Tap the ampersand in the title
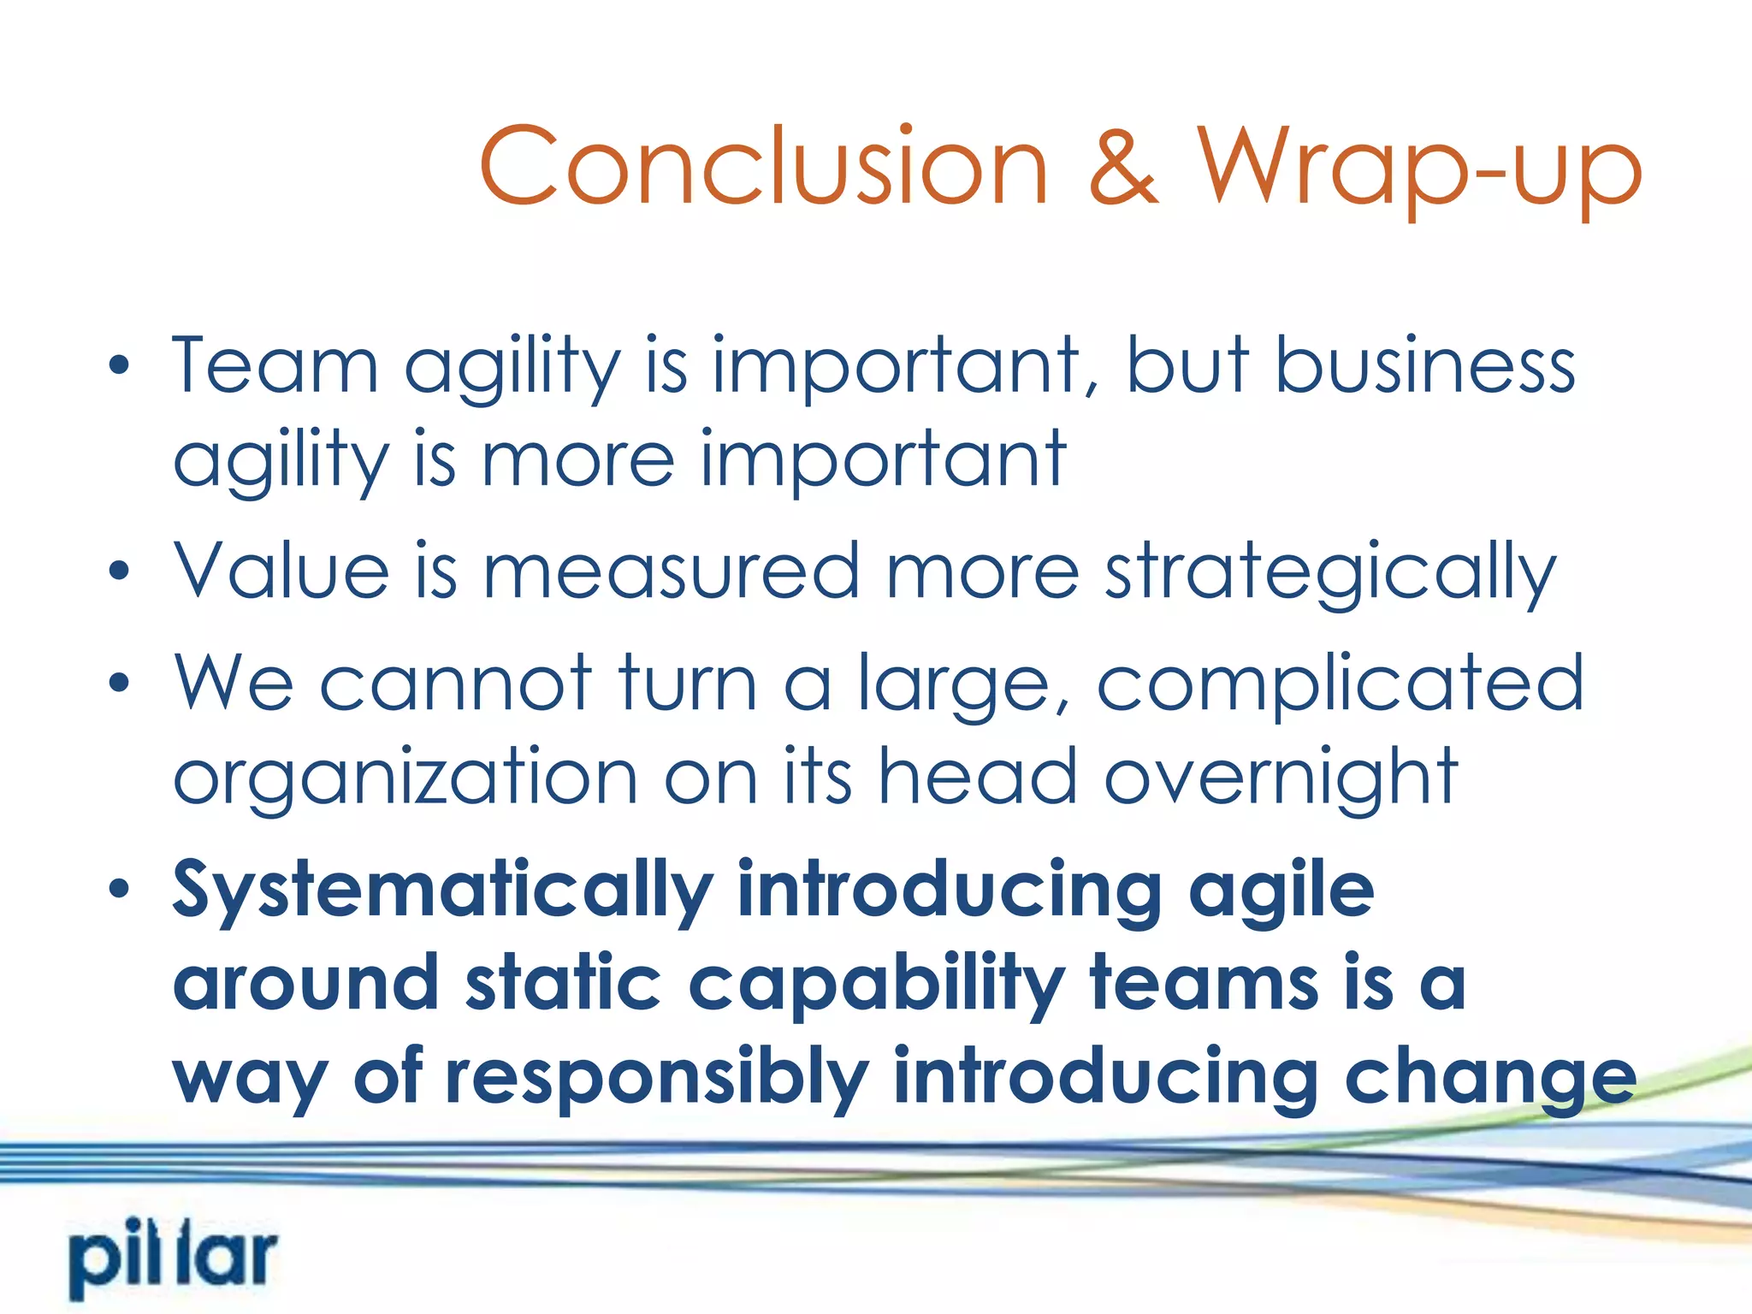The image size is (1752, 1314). coord(1122,166)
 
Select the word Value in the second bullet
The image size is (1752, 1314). coord(281,571)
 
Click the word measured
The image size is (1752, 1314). coord(672,571)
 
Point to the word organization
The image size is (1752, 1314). coord(405,778)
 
